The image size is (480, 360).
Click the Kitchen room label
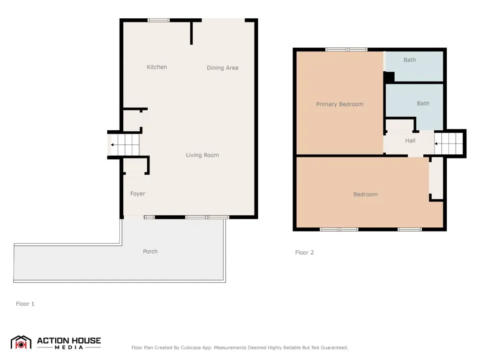click(x=157, y=67)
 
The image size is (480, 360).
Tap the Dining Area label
click(x=223, y=68)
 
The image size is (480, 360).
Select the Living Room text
click(x=202, y=155)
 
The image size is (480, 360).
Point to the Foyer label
click(x=138, y=194)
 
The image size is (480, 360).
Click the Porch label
click(x=150, y=252)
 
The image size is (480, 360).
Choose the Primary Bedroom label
click(x=340, y=105)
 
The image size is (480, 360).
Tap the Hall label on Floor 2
click(x=410, y=141)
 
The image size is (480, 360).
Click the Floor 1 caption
click(x=25, y=304)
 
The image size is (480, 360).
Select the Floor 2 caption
click(x=304, y=253)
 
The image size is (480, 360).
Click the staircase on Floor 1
click(x=124, y=145)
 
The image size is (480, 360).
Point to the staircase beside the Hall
click(x=449, y=143)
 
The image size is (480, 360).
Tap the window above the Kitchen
click(x=158, y=20)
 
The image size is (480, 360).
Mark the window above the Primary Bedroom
click(x=346, y=49)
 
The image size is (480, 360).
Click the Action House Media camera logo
click(x=21, y=343)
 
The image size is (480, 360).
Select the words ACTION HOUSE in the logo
click(x=69, y=341)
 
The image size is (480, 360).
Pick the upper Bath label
click(x=410, y=60)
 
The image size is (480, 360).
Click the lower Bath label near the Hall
click(x=423, y=104)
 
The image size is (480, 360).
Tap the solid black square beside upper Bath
click(x=389, y=77)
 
